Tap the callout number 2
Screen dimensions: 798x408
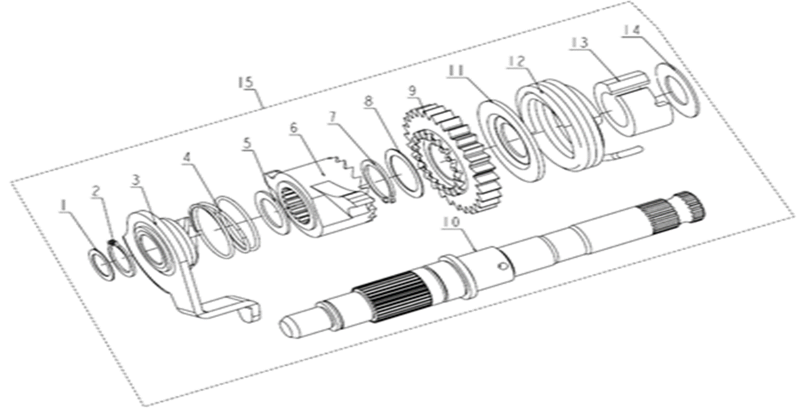[96, 192]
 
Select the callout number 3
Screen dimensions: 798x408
[135, 181]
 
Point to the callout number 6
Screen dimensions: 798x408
[294, 129]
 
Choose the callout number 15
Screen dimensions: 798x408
[246, 83]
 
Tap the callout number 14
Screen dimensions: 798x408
[632, 31]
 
